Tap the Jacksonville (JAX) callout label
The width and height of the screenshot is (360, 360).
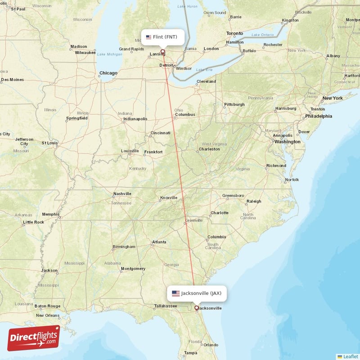tap(197, 293)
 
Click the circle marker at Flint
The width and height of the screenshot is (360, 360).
tap(163, 51)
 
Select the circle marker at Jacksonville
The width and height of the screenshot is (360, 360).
tap(196, 308)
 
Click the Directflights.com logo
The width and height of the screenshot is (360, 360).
tap(34, 338)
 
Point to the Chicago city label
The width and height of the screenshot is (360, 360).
tap(108, 73)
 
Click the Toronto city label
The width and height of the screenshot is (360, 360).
tap(234, 34)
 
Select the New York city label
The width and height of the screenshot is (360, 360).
tap(332, 98)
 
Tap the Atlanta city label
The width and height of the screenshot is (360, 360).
tap(159, 242)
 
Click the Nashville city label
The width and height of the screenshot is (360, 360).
tap(122, 194)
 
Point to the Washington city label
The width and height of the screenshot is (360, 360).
tap(288, 142)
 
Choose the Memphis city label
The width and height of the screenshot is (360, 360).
tap(50, 214)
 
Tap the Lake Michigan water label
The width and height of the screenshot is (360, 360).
tap(109, 54)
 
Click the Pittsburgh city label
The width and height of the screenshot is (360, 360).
tap(235, 105)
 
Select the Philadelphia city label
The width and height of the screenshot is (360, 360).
tap(319, 116)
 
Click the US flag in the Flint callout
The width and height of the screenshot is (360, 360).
tap(148, 37)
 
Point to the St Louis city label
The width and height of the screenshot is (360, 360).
tap(50, 143)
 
